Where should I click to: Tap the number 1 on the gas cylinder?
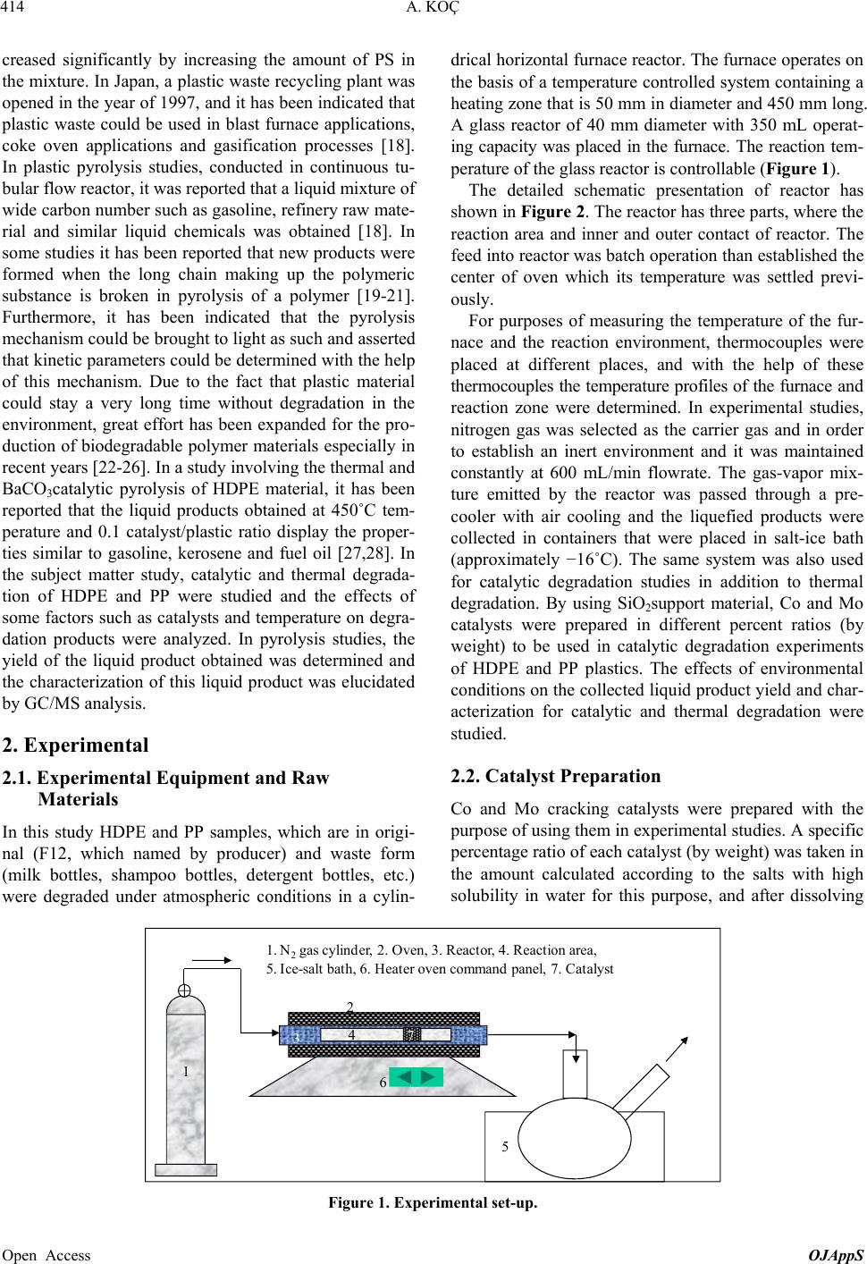(x=185, y=1070)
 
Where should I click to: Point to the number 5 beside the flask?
(x=506, y=1146)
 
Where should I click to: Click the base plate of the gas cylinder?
(x=185, y=1170)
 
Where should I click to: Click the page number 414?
(x=14, y=10)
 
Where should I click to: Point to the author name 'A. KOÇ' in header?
(x=433, y=10)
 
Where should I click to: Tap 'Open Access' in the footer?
(x=46, y=1255)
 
